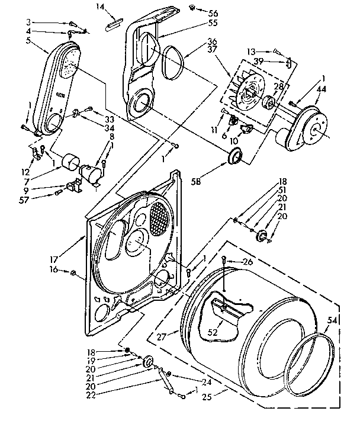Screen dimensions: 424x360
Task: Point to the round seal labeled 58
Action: [x=236, y=157]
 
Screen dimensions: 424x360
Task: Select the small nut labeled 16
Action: [x=72, y=272]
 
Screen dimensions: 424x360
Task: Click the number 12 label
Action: [x=24, y=172]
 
